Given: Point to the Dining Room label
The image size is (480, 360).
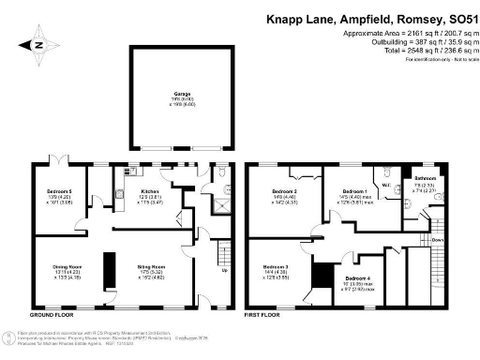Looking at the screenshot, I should (x=66, y=267).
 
